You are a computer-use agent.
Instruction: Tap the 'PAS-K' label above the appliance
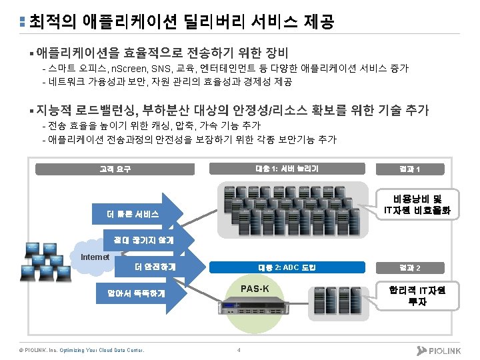257,289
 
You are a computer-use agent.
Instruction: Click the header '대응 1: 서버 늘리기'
287,169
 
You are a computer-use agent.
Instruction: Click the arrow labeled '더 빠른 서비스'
137,215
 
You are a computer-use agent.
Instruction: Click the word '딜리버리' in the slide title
217,22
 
